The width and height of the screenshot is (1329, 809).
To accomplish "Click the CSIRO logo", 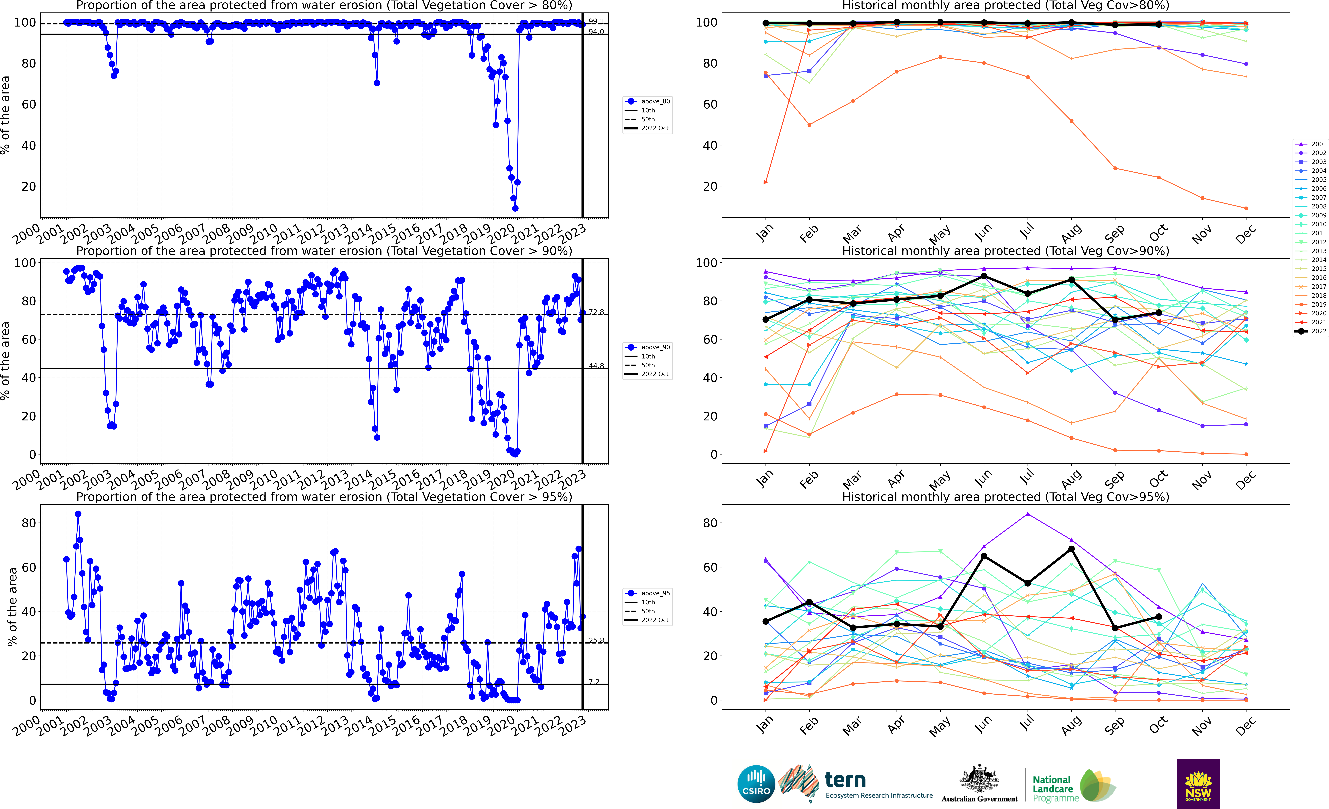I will [x=756, y=784].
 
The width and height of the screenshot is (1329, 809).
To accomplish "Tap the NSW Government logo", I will [x=1198, y=784].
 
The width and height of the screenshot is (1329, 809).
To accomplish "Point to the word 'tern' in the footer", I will [x=845, y=780].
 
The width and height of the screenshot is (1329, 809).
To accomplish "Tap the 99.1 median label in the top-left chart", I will [x=596, y=22].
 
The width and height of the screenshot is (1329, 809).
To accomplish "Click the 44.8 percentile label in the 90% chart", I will [x=596, y=366].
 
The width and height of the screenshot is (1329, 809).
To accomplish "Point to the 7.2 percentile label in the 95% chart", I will [x=594, y=682].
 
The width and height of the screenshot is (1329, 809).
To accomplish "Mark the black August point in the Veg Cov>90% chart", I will [x=1072, y=280].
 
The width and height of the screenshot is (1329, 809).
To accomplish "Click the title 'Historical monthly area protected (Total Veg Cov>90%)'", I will [x=1005, y=251].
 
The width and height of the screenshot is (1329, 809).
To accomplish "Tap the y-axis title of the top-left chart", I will [x=5, y=115].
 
